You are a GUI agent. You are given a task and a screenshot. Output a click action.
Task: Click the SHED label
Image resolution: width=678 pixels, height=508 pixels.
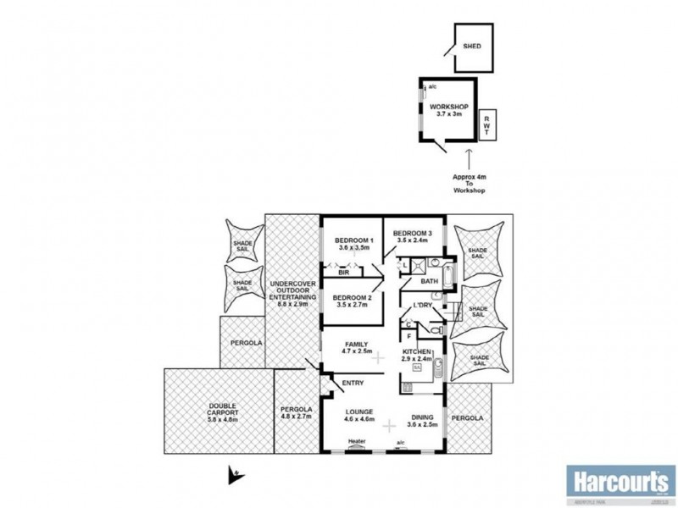click(471, 47)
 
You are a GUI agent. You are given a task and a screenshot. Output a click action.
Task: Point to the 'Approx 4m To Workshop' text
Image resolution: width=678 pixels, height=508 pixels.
click(470, 185)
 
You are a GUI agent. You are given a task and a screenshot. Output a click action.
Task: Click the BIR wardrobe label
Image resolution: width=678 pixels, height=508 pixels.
click(343, 273)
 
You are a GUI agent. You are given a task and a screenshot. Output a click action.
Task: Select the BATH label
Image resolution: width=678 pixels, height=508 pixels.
click(429, 281)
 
